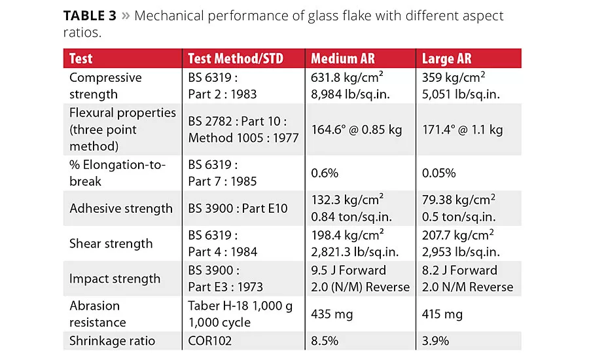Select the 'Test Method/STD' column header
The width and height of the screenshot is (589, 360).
(235, 58)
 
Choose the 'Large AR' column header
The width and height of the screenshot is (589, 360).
(448, 58)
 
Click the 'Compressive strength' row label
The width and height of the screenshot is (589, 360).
(105, 86)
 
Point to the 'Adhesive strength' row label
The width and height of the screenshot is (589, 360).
(121, 209)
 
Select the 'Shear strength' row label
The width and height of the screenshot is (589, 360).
(111, 243)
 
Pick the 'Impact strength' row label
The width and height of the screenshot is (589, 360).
(115, 278)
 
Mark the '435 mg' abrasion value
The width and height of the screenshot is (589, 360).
(334, 314)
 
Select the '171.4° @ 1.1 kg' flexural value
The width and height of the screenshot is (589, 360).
(462, 130)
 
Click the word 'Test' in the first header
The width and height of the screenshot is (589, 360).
(81, 58)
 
